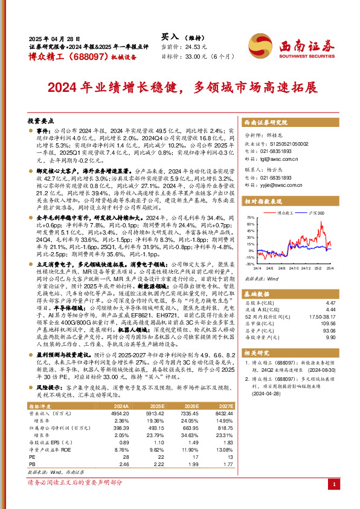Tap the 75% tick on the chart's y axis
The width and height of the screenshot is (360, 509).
click(249, 216)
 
